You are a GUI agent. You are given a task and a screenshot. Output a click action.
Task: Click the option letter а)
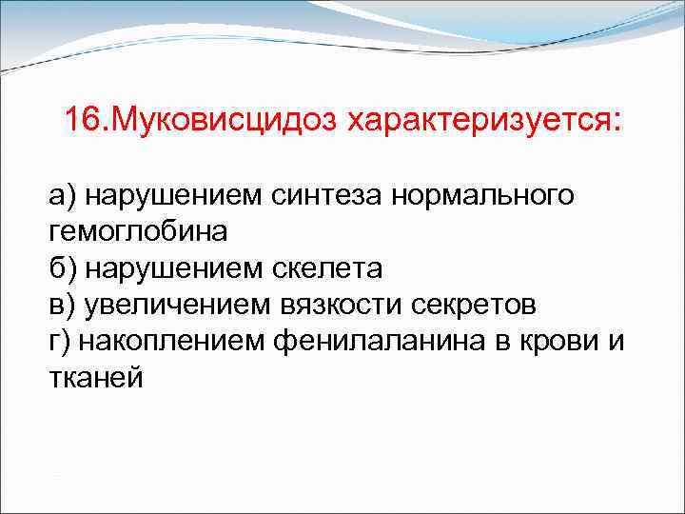(x=64, y=196)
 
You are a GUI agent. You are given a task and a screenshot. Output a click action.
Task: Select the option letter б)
(x=64, y=268)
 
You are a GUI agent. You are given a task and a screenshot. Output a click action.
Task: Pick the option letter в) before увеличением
(x=64, y=305)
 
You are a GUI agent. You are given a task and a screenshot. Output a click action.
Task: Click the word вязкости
(x=337, y=305)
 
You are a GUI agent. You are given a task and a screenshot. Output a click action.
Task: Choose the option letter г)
(x=62, y=341)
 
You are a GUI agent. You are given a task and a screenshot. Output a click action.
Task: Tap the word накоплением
(x=169, y=341)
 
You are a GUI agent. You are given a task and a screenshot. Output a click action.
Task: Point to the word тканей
(x=96, y=378)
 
